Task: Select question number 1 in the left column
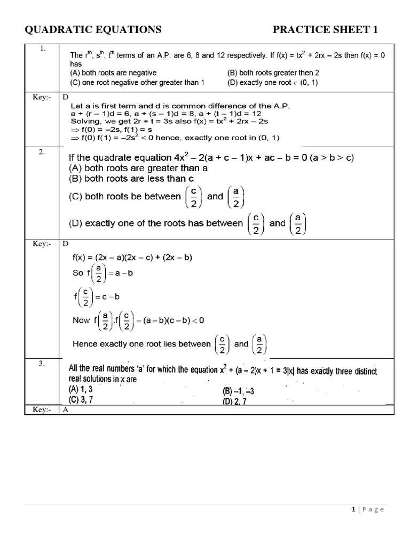coord(42,49)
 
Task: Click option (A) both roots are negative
coord(114,73)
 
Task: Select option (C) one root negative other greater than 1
coord(137,83)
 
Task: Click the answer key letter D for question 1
coord(65,97)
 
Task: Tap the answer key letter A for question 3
coord(65,409)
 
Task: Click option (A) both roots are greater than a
coord(138,167)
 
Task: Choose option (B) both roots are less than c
coord(131,178)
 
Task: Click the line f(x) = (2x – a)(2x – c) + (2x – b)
coord(132,258)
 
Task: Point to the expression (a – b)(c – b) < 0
coord(170,320)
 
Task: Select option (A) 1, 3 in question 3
coord(81,389)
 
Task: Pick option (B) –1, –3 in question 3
coord(238,390)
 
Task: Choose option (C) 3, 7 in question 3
coord(81,399)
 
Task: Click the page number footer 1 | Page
coord(368,509)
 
